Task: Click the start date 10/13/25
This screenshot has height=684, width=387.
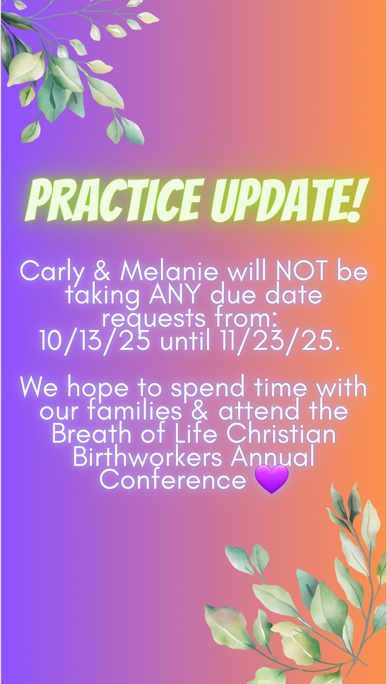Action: click(95, 341)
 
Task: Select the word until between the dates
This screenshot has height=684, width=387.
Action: click(185, 341)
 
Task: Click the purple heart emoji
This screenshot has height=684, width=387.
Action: click(271, 479)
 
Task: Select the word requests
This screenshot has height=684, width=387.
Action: click(153, 319)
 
